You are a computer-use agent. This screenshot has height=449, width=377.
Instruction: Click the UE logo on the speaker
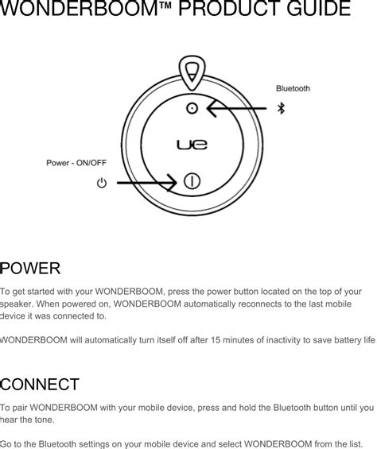tap(191, 145)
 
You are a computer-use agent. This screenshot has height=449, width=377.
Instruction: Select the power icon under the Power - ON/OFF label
tap(101, 184)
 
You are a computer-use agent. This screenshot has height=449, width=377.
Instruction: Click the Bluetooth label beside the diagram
tap(293, 87)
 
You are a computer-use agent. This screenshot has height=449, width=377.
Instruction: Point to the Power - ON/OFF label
tap(76, 163)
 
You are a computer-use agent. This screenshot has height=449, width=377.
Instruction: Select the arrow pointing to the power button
tap(147, 183)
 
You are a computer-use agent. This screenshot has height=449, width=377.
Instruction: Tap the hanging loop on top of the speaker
tap(191, 72)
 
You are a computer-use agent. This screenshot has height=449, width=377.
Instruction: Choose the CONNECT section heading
tap(39, 385)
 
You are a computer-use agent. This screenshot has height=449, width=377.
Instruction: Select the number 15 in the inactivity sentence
tap(217, 341)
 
